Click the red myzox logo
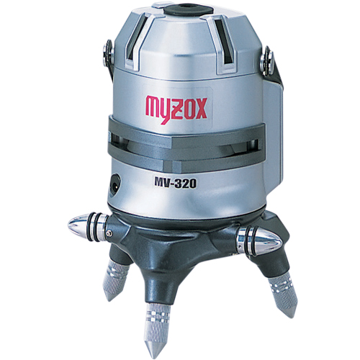[176, 109]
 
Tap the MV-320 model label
[176, 184]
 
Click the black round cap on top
[189, 10]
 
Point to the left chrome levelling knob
[89, 226]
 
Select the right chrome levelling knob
[259, 240]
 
